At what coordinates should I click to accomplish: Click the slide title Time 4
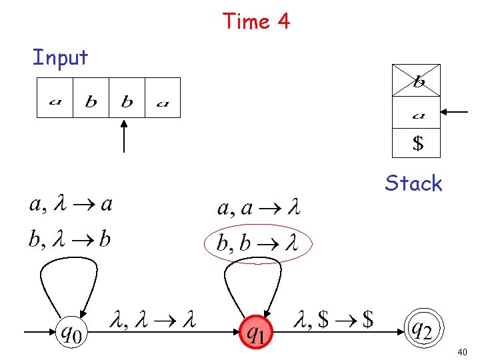click(257, 21)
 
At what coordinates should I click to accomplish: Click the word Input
click(60, 58)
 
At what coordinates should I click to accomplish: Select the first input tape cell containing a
click(55, 98)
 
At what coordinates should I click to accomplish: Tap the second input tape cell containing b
click(91, 98)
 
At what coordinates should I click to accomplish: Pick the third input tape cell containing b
click(127, 98)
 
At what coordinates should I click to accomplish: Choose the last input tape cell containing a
click(163, 98)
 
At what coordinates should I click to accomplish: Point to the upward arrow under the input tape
click(125, 136)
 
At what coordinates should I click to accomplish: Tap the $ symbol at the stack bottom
click(417, 143)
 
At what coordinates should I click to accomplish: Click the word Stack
click(413, 183)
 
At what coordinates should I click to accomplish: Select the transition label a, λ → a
click(71, 204)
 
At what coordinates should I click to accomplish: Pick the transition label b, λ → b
click(69, 239)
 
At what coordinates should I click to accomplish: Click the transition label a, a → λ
click(259, 209)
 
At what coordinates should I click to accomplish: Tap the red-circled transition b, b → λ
click(256, 243)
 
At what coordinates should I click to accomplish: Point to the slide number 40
click(463, 351)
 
